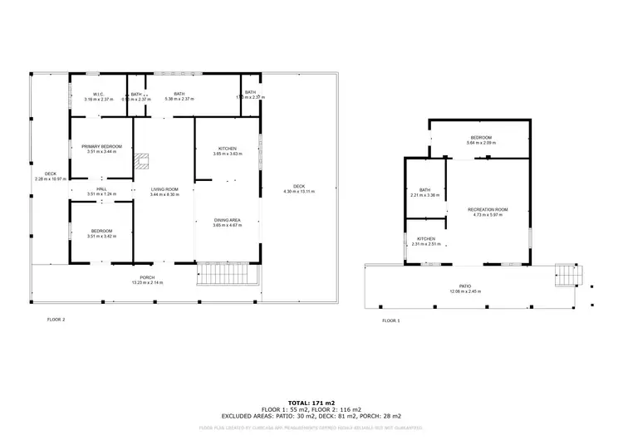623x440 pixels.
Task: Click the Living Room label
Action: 164,191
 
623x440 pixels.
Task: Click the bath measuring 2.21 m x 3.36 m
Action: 425,193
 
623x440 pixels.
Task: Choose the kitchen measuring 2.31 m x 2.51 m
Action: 425,241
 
